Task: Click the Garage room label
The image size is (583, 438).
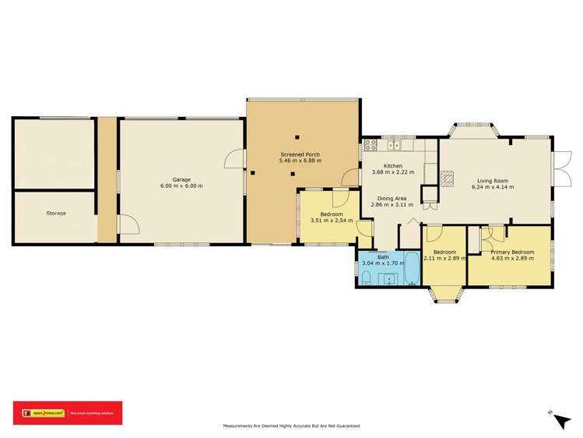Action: (181, 179)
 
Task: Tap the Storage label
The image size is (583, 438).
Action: (55, 213)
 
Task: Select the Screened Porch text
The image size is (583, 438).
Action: (300, 154)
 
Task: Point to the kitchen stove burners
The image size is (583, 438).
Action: (371, 144)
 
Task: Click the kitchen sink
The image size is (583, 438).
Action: (395, 144)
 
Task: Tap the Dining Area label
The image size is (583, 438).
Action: (392, 199)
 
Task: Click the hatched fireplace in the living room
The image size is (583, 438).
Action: (447, 180)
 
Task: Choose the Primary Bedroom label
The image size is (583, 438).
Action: (512, 252)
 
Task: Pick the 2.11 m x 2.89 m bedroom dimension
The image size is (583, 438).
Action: (444, 258)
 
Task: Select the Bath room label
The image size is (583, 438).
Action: (383, 257)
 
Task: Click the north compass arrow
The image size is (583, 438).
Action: (560, 420)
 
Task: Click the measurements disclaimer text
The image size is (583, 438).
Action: (291, 426)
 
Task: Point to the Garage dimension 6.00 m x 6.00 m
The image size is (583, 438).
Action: (181, 186)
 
